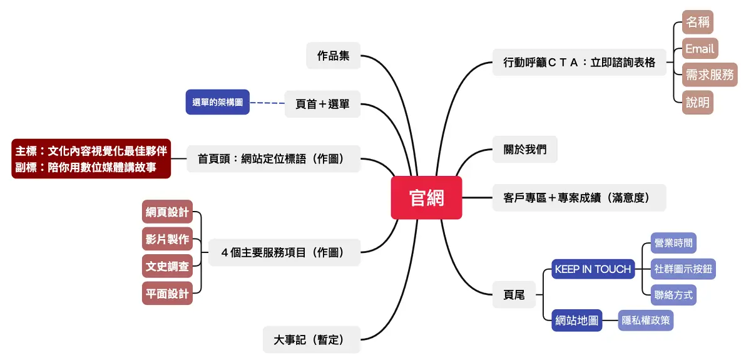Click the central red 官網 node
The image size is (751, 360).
pyautogui.click(x=426, y=198)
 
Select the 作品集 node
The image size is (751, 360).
pyautogui.click(x=334, y=56)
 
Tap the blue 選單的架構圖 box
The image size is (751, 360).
pyautogui.click(x=217, y=102)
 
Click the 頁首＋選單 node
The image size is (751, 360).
pyautogui.click(x=322, y=104)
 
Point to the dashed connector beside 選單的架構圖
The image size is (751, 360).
pyautogui.click(x=267, y=103)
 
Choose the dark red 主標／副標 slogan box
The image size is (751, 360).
pyautogui.click(x=91, y=159)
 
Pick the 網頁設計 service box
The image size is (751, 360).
pyautogui.click(x=167, y=212)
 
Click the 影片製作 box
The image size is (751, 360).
pyautogui.click(x=167, y=240)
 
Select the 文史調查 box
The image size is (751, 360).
pyautogui.click(x=167, y=267)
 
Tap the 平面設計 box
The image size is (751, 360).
pyautogui.click(x=167, y=294)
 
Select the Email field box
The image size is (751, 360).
pyautogui.click(x=699, y=49)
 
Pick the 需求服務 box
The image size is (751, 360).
pyautogui.click(x=709, y=75)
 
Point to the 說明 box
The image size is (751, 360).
pyautogui.click(x=698, y=102)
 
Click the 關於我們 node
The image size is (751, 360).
pyautogui.click(x=525, y=150)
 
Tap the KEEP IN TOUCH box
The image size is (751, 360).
pyautogui.click(x=593, y=269)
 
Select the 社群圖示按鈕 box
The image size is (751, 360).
pyautogui.click(x=683, y=269)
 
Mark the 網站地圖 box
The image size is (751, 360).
pyautogui.click(x=576, y=321)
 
